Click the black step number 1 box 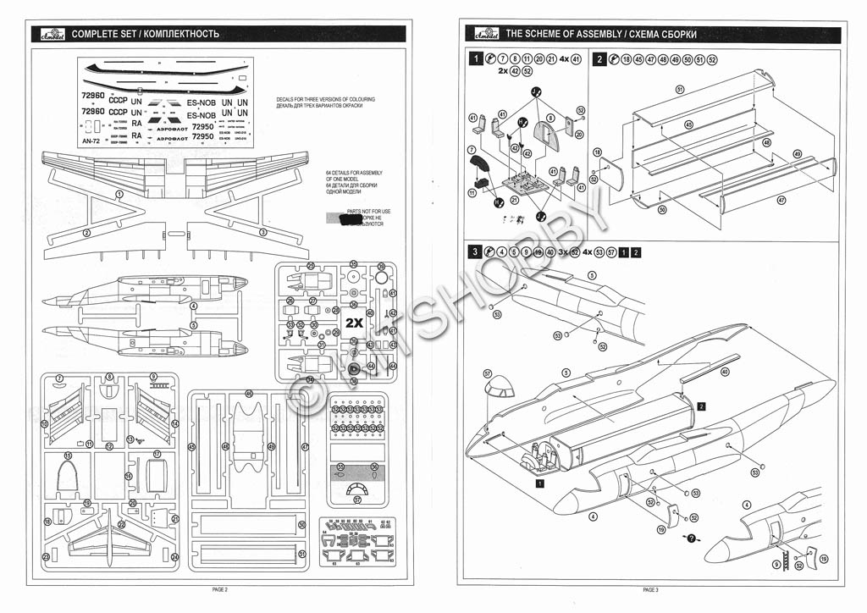478,59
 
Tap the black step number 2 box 599,59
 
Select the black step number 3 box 478,251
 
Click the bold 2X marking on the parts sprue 355,322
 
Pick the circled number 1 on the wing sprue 120,194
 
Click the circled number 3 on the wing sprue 262,231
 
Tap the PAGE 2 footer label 219,588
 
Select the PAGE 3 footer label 650,588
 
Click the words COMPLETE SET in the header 102,34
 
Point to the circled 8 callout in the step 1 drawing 550,118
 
